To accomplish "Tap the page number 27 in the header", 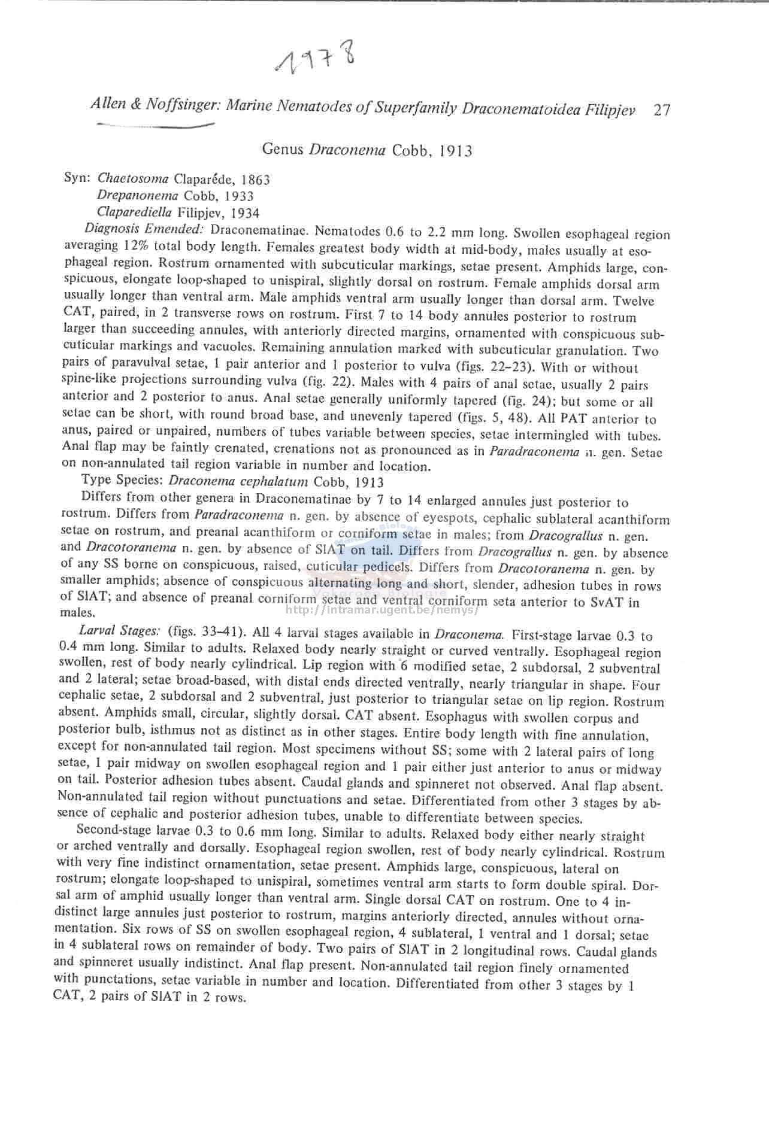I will [662, 110].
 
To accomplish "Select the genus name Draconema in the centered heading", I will [347, 150].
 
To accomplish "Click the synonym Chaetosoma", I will [133, 178].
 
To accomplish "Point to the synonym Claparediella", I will [134, 212].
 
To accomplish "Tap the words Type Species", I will [123, 480].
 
